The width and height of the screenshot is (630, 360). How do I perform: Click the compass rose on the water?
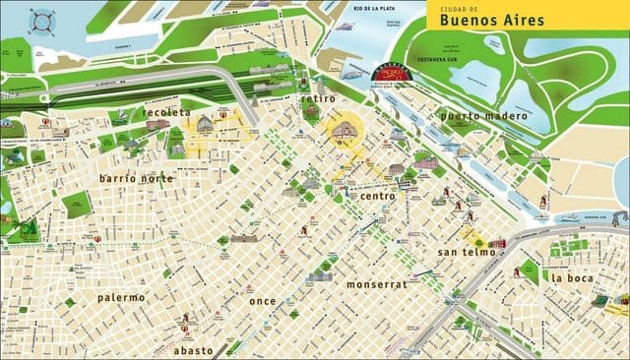pos(41,20)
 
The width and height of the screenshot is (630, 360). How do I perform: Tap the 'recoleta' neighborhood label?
pos(166,112)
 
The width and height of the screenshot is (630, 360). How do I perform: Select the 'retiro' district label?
pos(318,98)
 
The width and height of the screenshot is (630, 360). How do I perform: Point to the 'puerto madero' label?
pos(484,115)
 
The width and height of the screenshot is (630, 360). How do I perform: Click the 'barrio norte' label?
pos(137,178)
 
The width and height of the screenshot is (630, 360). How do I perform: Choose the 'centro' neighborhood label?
pos(377,196)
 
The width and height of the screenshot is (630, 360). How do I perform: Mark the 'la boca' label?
pos(572,277)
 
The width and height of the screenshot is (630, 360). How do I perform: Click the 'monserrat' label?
pos(375,283)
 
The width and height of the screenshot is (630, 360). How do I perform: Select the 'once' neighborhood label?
pos(262,300)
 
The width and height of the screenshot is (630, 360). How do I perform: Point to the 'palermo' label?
pos(121,296)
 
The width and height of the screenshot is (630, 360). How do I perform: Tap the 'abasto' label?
pos(193,349)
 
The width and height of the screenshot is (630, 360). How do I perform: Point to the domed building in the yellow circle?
pos(345,131)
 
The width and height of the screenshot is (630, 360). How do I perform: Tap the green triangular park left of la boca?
pos(530,271)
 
